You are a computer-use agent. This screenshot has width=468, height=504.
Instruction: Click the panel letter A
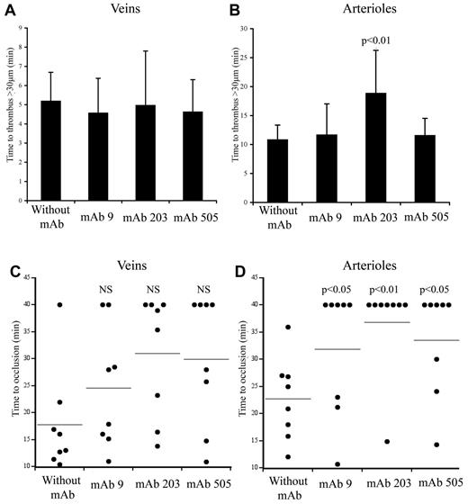coord(10,9)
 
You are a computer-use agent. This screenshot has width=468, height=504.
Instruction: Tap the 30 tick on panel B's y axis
coord(262,29)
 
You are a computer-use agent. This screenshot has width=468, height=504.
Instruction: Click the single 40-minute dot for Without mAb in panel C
coord(60,305)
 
